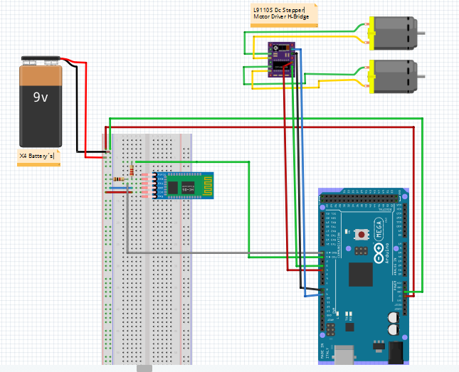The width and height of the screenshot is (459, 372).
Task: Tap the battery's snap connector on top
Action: (x=41, y=60)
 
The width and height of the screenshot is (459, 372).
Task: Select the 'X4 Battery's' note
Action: (x=36, y=154)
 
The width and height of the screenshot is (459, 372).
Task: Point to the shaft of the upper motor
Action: (x=421, y=33)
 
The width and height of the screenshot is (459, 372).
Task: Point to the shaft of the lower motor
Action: (x=421, y=75)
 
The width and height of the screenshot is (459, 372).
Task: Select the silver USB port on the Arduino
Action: (x=345, y=354)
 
